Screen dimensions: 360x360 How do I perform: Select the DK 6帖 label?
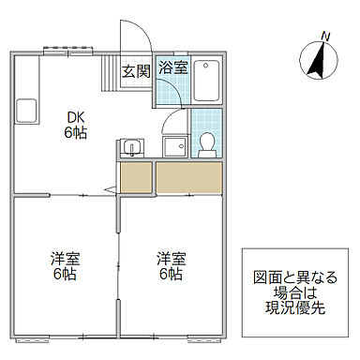point(75,124)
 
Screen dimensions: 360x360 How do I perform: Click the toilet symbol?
point(207,142)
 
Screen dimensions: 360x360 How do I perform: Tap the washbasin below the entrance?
point(131,147)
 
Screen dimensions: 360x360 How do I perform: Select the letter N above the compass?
point(325,36)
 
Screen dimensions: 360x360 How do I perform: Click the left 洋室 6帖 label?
point(63,266)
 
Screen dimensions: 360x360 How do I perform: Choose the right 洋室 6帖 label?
point(170,266)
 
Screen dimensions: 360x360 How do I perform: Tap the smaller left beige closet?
point(136,176)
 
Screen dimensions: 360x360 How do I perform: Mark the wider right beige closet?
point(190,176)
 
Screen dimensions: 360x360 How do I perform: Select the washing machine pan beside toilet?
point(173,145)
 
